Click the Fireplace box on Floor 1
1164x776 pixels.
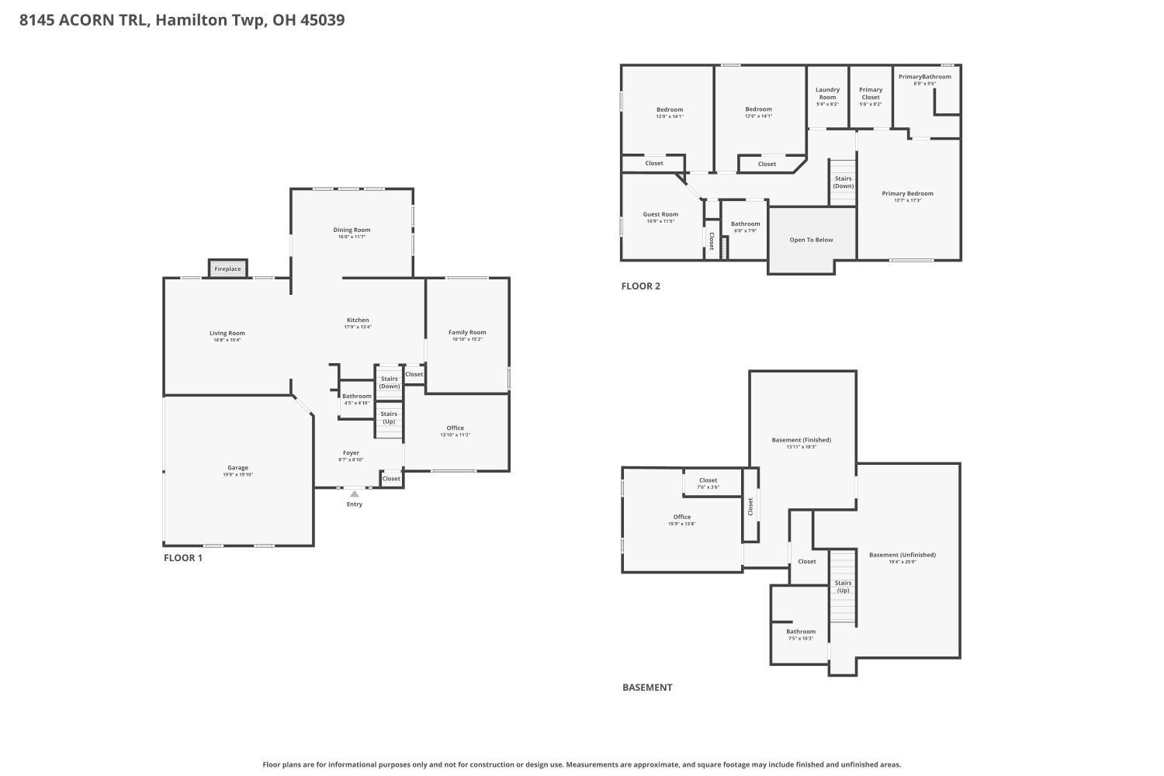click(227, 268)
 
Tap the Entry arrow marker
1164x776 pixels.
click(355, 494)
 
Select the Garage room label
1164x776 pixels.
click(237, 468)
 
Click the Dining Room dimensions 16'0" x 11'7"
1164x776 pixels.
click(352, 237)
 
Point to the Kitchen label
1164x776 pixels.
click(358, 320)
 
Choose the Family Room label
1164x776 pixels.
click(467, 332)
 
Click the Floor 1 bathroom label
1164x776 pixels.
click(357, 396)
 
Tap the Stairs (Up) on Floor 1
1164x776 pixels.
click(389, 417)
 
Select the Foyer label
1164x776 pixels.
click(351, 452)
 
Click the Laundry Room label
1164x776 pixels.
click(827, 93)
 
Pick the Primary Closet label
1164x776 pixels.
click(871, 93)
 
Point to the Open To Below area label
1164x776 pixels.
click(811, 240)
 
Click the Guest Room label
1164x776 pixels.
click(660, 214)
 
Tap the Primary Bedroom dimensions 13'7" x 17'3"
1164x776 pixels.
click(907, 201)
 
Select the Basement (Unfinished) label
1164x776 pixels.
click(902, 555)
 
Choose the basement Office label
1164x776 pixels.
click(681, 517)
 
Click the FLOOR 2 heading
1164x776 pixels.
click(640, 286)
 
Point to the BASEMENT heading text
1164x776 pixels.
click(647, 688)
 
